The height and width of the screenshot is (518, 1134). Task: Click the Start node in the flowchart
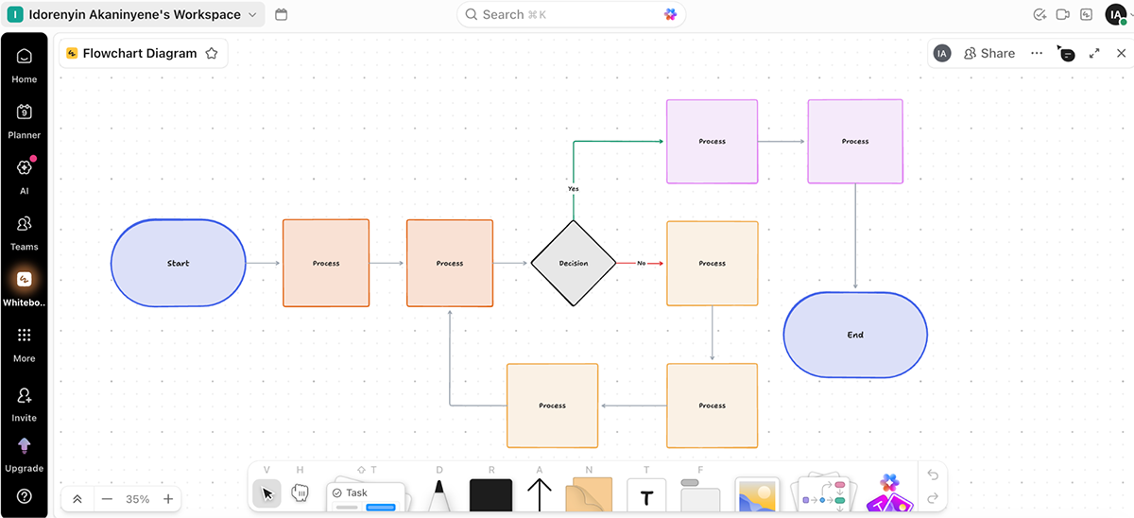tap(178, 263)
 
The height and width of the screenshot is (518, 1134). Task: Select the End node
tap(855, 335)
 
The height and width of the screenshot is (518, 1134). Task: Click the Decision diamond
tap(574, 263)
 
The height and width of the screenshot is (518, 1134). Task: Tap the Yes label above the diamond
tap(574, 189)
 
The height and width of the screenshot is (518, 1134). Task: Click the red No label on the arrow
tap(641, 263)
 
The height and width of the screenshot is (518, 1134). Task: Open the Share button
tap(989, 54)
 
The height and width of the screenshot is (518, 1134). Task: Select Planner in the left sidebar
tap(25, 121)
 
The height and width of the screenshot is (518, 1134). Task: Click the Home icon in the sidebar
tap(25, 65)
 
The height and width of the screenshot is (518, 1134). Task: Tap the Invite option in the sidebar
tap(25, 404)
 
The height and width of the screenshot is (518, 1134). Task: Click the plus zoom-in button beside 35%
tap(168, 499)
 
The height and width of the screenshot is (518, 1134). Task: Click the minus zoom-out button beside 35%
tap(107, 499)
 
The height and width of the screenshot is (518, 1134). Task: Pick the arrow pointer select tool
tap(266, 493)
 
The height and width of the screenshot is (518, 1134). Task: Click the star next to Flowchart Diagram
tap(212, 54)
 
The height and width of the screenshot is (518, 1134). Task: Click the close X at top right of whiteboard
tap(1121, 54)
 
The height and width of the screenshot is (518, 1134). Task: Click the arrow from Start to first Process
tap(264, 263)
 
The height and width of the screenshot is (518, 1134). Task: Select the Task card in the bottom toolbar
tap(365, 495)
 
